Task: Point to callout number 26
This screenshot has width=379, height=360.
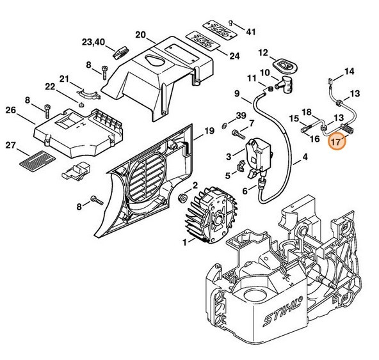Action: (10, 111)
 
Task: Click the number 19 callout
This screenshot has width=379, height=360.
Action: (208, 131)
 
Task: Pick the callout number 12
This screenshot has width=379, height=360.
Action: (262, 52)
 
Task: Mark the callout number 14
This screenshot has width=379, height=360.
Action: (349, 71)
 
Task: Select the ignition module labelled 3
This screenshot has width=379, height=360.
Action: (259, 155)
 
